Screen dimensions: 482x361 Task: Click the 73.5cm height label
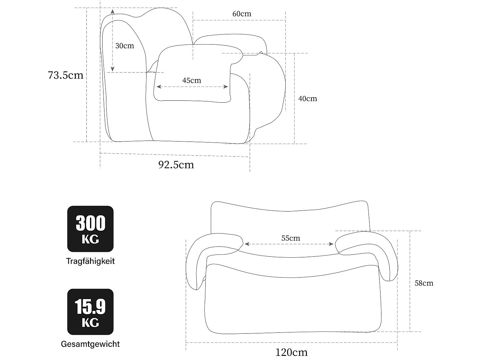coord(66,75)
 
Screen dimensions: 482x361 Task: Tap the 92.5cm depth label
coord(176,165)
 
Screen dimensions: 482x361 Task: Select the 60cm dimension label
coord(242,14)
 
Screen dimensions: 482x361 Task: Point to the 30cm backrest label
coord(124,46)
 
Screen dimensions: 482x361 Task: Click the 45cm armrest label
coord(192,81)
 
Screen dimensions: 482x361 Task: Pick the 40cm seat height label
coord(308,99)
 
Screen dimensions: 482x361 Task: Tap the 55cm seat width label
coord(290,238)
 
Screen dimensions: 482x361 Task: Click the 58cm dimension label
coord(424,283)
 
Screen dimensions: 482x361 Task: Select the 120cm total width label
coord(291,352)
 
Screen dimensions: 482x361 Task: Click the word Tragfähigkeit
coord(90,261)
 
